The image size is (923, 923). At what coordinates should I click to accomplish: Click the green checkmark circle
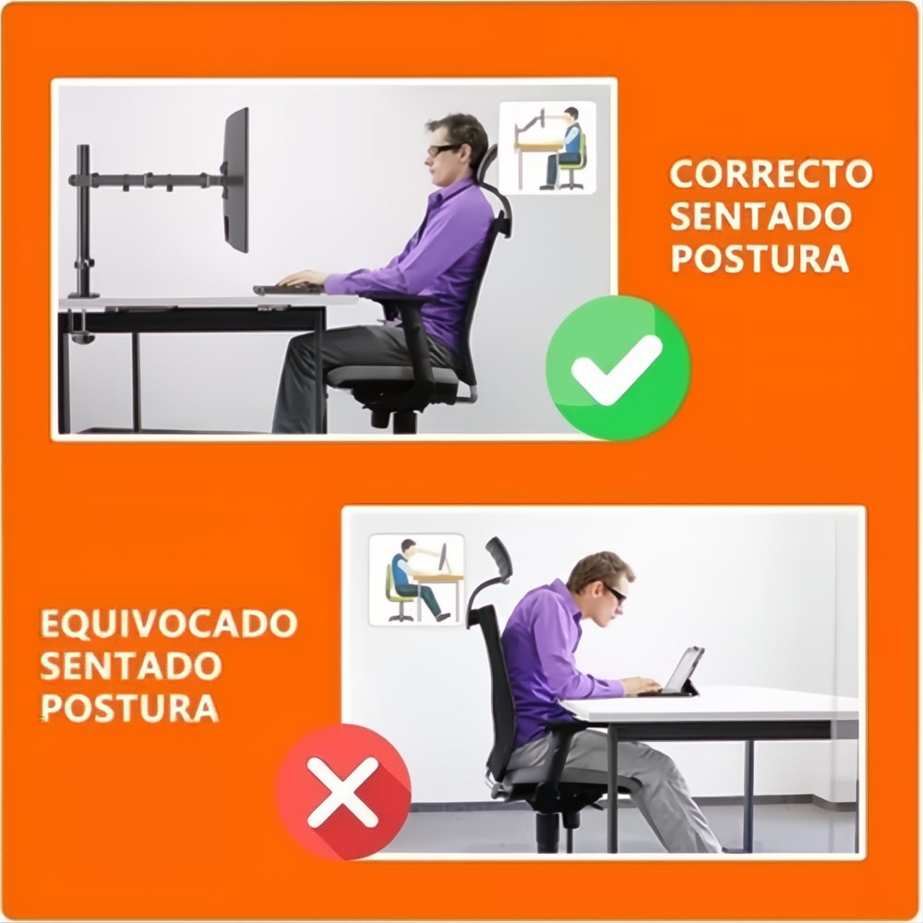point(617,367)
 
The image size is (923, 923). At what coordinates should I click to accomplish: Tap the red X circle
point(343,791)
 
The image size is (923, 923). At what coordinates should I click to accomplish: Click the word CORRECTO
point(771,174)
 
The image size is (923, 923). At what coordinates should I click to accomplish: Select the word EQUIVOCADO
point(169,623)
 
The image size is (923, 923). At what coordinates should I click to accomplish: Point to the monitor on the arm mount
point(236,181)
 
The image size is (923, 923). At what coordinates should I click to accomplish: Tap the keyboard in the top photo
point(288,289)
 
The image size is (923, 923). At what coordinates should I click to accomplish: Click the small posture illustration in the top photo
point(547,147)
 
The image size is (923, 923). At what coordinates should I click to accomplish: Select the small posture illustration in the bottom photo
point(416,580)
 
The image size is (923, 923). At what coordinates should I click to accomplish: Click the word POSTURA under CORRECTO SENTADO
point(759,258)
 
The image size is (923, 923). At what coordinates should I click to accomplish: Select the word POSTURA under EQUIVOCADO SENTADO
point(130,708)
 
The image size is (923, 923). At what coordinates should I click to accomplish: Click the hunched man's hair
point(596,566)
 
